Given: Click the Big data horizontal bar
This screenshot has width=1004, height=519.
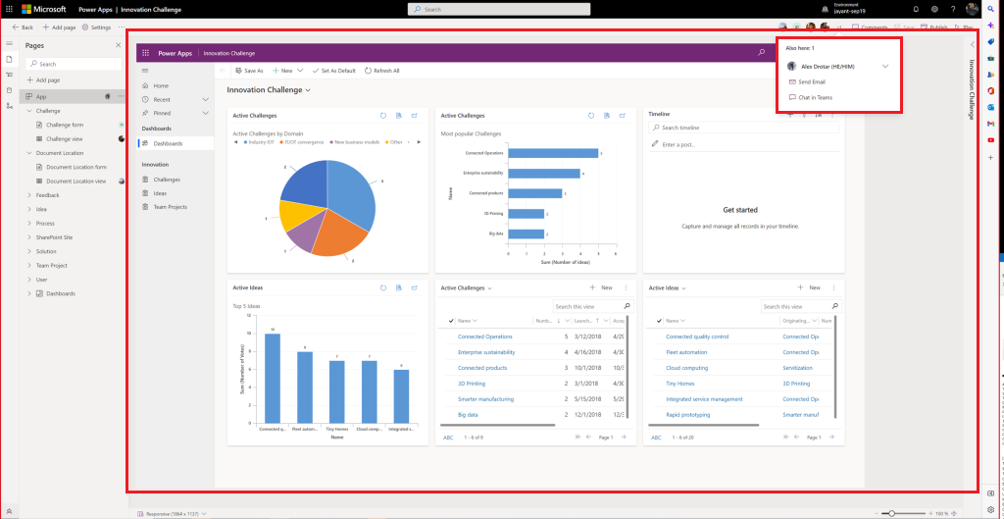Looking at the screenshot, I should pyautogui.click(x=527, y=234).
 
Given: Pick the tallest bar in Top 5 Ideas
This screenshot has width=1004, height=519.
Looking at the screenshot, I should pyautogui.click(x=273, y=378).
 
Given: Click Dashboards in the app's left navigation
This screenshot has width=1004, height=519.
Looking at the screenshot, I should pyautogui.click(x=168, y=143).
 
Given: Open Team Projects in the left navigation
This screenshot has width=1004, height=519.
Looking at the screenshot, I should pyautogui.click(x=170, y=207).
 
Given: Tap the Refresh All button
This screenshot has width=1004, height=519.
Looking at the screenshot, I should pyautogui.click(x=382, y=71).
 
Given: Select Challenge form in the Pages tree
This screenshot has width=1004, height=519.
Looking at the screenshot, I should pyautogui.click(x=65, y=125).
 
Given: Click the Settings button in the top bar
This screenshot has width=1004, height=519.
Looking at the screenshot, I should pyautogui.click(x=96, y=27).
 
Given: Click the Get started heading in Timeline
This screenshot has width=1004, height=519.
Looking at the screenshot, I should pyautogui.click(x=739, y=210).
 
